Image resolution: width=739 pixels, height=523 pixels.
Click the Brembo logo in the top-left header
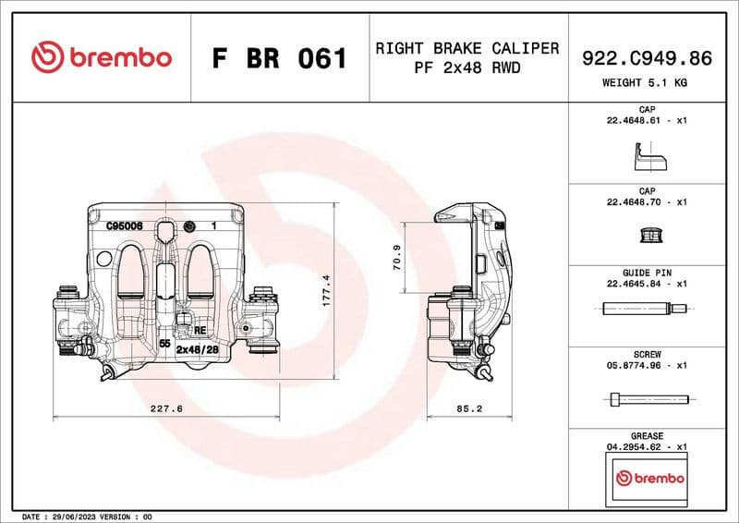[x=102, y=57]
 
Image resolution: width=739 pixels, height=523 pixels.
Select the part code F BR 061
[x=279, y=58]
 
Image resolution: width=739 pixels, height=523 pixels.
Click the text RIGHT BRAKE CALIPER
[x=466, y=48]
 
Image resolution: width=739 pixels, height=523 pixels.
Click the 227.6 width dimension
[x=166, y=407]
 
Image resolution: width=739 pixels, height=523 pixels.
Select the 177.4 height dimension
[x=324, y=291]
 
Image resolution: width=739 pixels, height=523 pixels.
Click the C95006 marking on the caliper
[x=123, y=225]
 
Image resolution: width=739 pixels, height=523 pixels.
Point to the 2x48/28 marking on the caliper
[x=197, y=350]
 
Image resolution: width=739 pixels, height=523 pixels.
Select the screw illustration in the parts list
[x=650, y=399]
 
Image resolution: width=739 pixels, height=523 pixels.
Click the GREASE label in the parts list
[x=647, y=435]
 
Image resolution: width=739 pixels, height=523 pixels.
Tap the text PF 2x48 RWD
[x=466, y=67]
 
